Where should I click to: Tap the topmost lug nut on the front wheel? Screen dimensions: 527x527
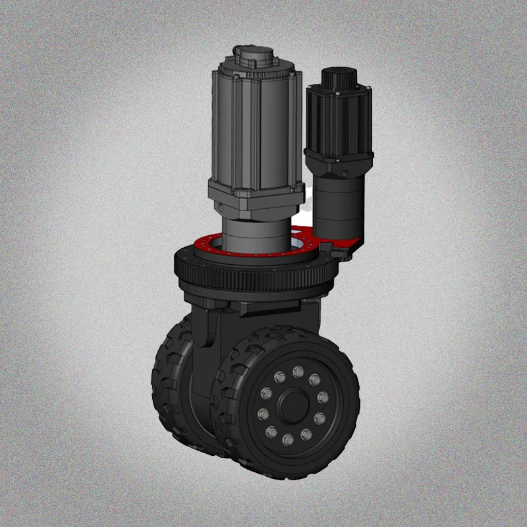click(x=298, y=370)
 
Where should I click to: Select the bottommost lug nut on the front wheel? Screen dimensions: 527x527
click(x=288, y=439)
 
